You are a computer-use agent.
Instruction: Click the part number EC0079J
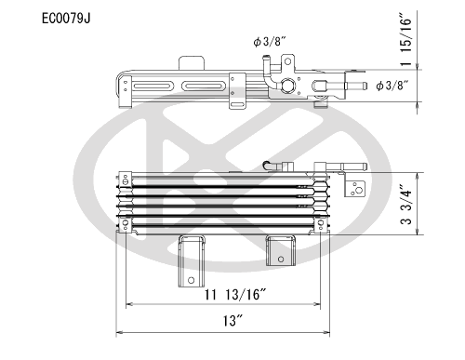tap(66, 19)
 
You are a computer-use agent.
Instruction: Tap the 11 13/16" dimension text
tap(235, 294)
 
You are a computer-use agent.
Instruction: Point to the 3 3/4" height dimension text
tap(406, 205)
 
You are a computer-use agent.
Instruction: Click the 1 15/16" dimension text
tap(406, 39)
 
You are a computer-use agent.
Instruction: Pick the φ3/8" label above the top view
tap(269, 41)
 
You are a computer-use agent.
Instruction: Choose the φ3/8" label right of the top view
tap(392, 86)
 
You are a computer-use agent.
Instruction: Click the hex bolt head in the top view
tap(288, 86)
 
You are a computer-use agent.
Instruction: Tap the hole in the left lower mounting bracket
tap(191, 280)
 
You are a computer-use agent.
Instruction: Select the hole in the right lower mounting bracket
tap(281, 259)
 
